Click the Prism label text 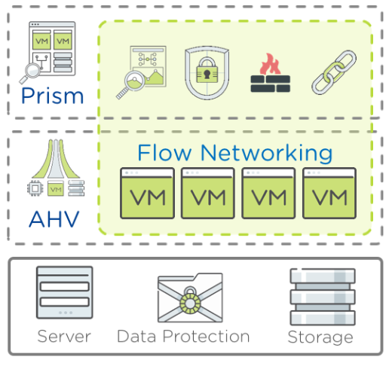pos(52,96)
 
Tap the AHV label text pos(54,219)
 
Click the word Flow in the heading pos(164,152)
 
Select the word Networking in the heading pos(267,154)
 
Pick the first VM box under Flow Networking pos(148,193)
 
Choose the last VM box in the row pos(329,193)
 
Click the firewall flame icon pos(271,72)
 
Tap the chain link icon pos(334,72)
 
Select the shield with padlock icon pos(207,73)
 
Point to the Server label pos(64,337)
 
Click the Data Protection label pos(183,337)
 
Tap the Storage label pos(320,337)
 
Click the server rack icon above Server pos(65,292)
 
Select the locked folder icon pos(190,297)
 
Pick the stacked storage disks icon pos(323,297)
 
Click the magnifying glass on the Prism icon pos(30,73)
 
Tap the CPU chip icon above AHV pos(35,188)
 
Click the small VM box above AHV pos(56,188)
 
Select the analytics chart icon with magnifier pos(141,72)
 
